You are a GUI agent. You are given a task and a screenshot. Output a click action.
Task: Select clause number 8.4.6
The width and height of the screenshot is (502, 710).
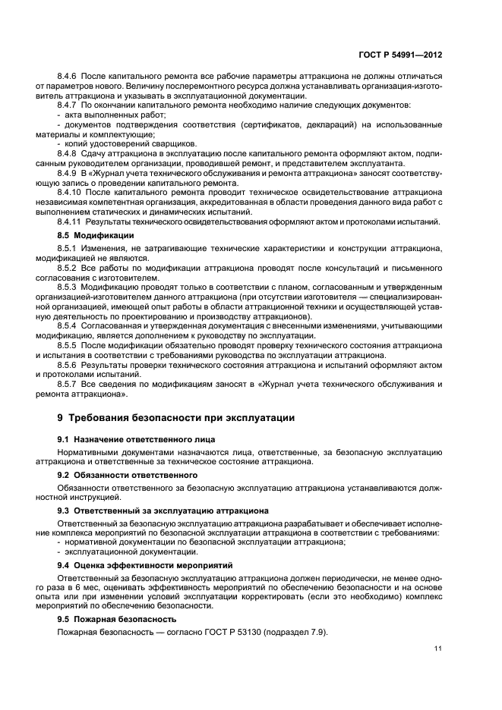(69, 77)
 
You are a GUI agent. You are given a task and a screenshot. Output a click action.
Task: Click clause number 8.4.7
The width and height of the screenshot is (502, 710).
(69, 105)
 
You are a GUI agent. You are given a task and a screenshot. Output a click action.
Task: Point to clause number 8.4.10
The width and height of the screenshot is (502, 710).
(71, 193)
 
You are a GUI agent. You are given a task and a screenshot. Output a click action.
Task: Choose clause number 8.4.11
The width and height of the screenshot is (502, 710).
(71, 221)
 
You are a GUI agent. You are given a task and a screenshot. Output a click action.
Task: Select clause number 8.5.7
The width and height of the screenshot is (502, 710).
(69, 385)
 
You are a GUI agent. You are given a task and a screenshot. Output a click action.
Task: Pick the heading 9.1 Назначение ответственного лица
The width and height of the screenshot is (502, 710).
(136, 439)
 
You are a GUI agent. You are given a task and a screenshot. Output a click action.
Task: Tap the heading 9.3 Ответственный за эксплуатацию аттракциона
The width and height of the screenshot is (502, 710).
(162, 511)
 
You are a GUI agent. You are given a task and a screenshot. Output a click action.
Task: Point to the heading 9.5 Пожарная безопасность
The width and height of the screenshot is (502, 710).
(122, 619)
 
